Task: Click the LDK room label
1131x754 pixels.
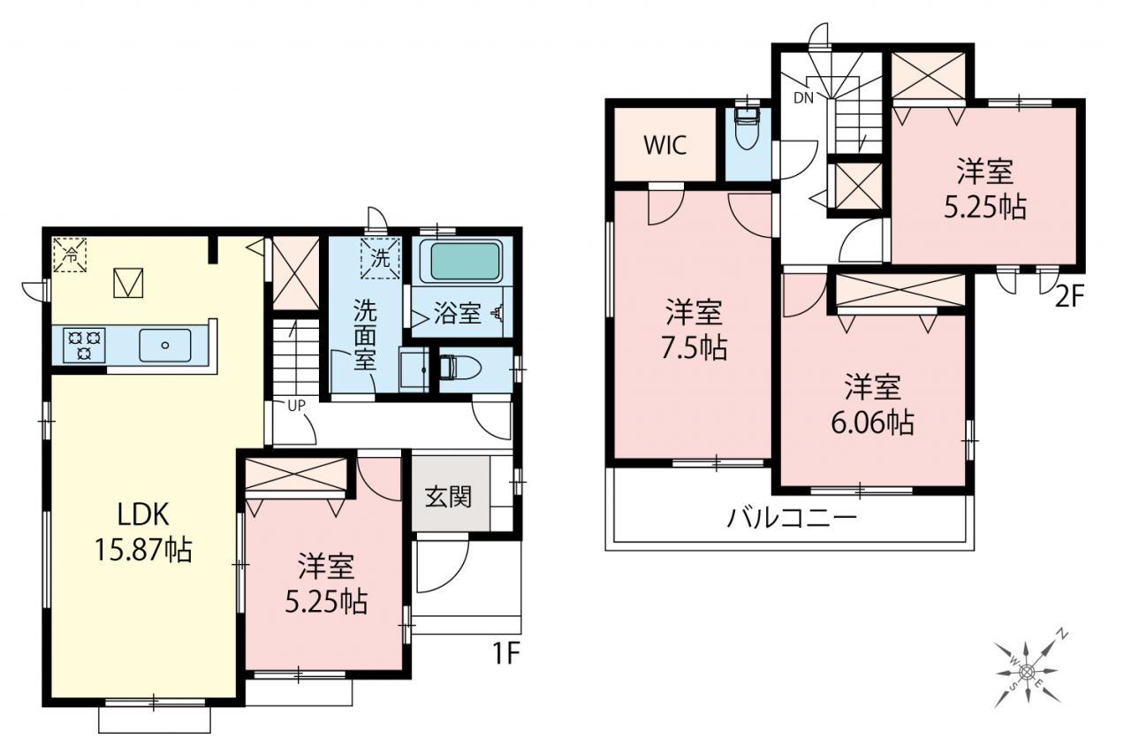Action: coord(143,514)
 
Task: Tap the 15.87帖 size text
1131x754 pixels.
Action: coord(143,550)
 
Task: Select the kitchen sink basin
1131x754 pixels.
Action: coord(164,346)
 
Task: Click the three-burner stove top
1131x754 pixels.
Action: coord(84,345)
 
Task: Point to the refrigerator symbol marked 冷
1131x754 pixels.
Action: coord(70,255)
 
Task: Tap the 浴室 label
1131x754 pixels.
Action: coord(457,314)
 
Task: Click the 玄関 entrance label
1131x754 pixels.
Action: coord(448,497)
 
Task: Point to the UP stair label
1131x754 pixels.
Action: coord(296,406)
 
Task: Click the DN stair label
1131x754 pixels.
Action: coord(803,98)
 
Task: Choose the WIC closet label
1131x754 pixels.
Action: coord(665,146)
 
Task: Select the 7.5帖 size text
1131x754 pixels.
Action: coord(695,348)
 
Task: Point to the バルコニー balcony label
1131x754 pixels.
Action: coord(792,519)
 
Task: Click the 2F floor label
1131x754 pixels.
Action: coord(1069,297)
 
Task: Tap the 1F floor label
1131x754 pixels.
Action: coord(506,654)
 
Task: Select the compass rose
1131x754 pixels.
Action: coord(1027,672)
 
